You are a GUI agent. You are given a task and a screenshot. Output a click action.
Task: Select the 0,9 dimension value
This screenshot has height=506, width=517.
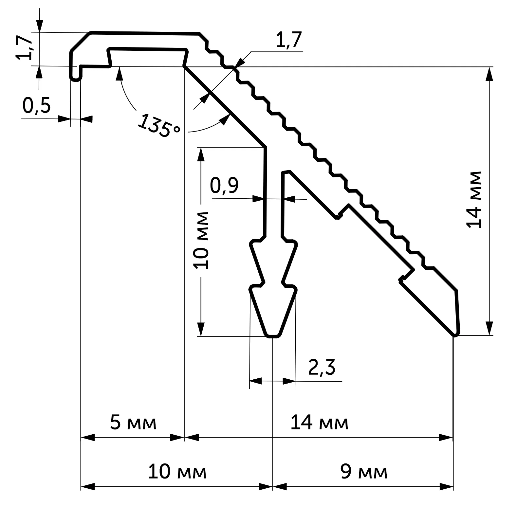click(224, 186)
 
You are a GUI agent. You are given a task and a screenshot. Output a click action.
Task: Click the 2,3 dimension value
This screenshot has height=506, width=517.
click(322, 367)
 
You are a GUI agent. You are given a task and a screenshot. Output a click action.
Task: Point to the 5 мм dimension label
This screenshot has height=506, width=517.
click(133, 423)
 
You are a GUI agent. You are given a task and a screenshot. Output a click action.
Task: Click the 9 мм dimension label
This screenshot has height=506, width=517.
click(364, 472)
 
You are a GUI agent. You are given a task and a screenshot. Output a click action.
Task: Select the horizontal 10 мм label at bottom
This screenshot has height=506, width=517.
click(177, 472)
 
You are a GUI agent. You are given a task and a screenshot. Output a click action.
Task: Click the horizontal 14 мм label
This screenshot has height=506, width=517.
click(320, 423)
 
